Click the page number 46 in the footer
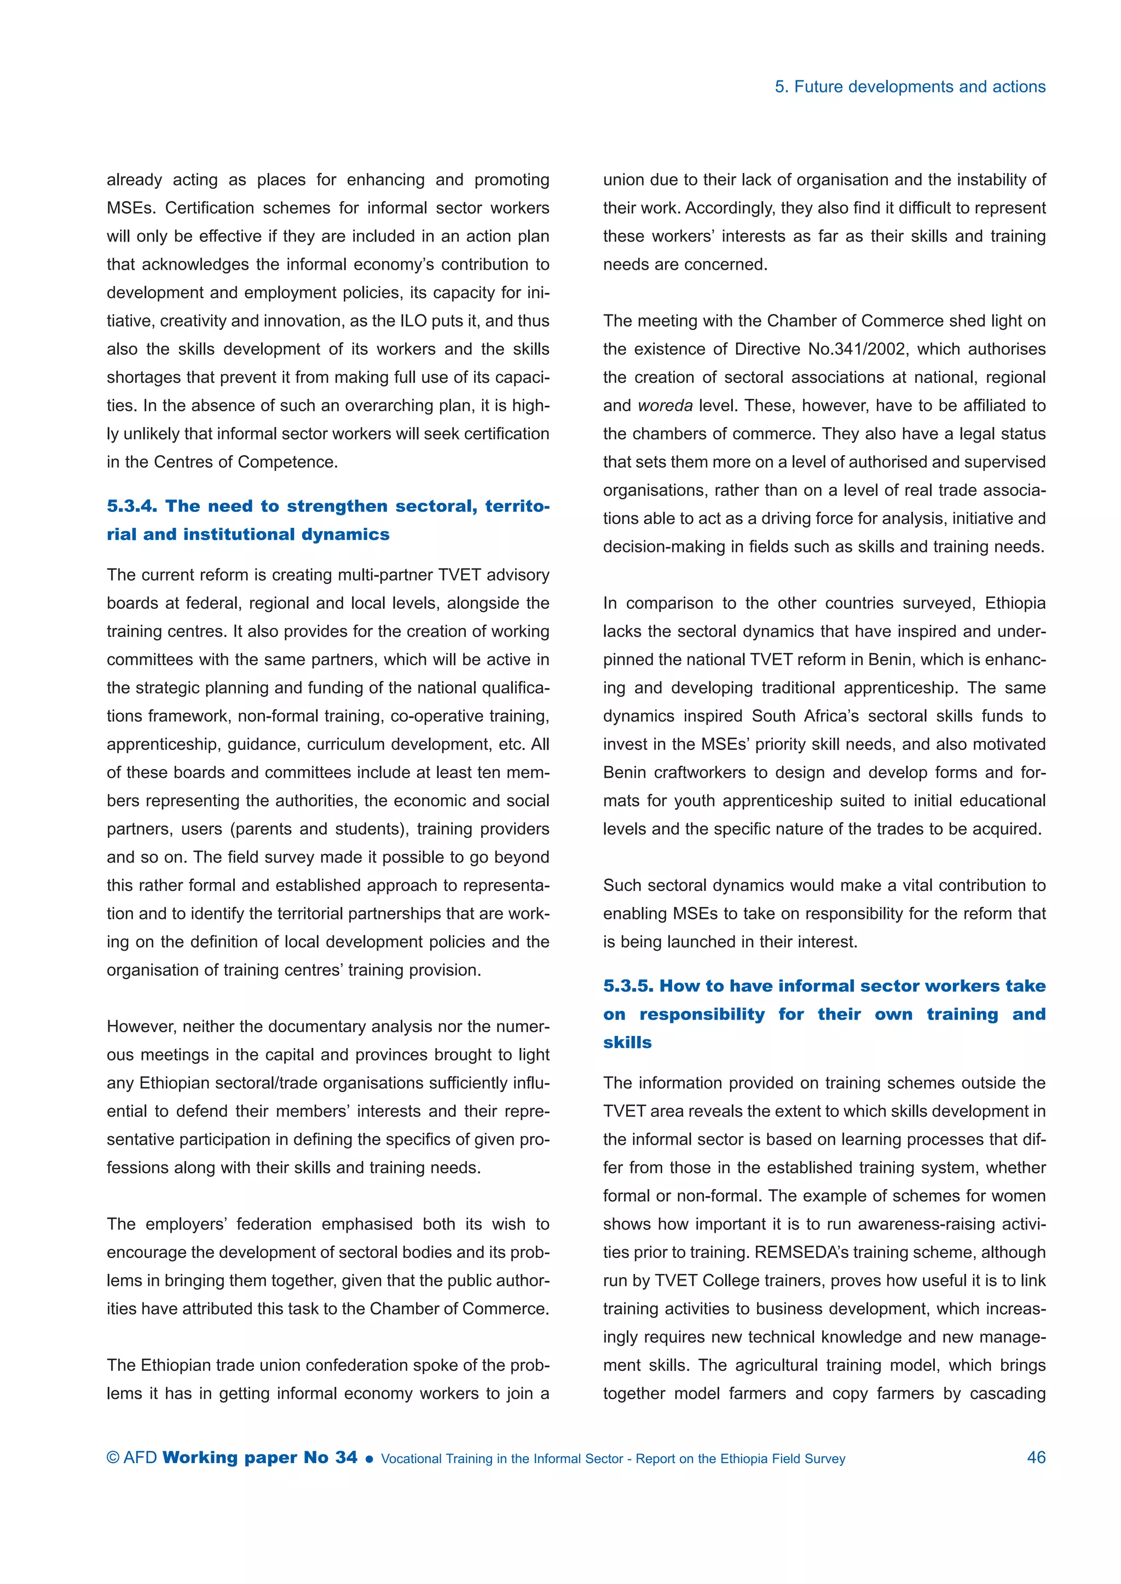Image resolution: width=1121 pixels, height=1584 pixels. [x=1036, y=1457]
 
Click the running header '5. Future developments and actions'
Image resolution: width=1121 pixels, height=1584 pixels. [x=910, y=87]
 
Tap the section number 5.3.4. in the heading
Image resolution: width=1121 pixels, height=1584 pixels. [x=132, y=506]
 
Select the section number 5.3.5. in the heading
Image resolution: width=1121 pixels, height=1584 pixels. [x=628, y=985]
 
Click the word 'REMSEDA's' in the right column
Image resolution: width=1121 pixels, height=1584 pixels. [x=796, y=1252]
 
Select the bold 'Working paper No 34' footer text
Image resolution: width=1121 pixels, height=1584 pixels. [x=260, y=1457]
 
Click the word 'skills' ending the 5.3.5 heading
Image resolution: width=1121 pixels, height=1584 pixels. [x=627, y=1042]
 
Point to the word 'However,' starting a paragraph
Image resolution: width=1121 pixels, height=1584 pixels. [x=140, y=1027]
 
